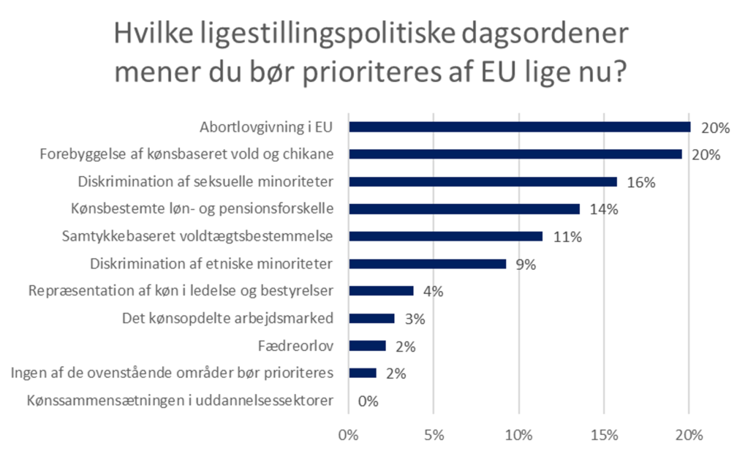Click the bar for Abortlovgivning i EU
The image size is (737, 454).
[x=519, y=127]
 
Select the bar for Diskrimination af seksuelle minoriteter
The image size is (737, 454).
[x=483, y=181]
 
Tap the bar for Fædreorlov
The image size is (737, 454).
[x=367, y=346]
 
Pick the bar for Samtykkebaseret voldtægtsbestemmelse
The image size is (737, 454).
[x=445, y=236]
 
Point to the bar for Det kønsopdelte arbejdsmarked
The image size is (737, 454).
[x=371, y=318]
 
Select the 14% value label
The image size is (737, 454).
[x=603, y=209]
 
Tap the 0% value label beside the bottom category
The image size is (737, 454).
[x=368, y=401]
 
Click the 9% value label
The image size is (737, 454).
[x=526, y=264]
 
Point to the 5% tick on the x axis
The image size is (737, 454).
[x=434, y=435]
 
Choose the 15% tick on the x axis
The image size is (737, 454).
[x=604, y=435]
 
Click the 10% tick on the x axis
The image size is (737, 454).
[x=519, y=435]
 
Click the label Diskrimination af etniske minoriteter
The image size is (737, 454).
[x=211, y=263]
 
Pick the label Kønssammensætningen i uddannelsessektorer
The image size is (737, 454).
[x=180, y=401]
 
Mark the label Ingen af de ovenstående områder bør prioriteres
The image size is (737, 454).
[x=173, y=373]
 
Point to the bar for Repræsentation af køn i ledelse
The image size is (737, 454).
[x=381, y=291]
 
